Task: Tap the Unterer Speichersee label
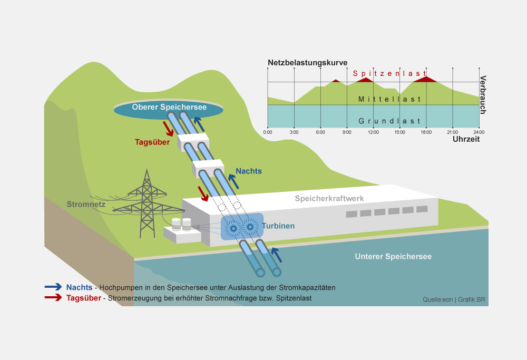393,257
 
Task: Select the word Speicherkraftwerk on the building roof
329,198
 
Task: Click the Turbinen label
278,226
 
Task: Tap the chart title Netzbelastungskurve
307,63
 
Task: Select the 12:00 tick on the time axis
373,132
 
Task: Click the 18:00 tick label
426,132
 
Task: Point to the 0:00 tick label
268,132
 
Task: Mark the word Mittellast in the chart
389,99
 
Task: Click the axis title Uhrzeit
466,140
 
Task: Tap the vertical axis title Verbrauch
483,95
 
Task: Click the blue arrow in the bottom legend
53,287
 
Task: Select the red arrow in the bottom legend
53,298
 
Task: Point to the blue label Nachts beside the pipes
249,171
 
